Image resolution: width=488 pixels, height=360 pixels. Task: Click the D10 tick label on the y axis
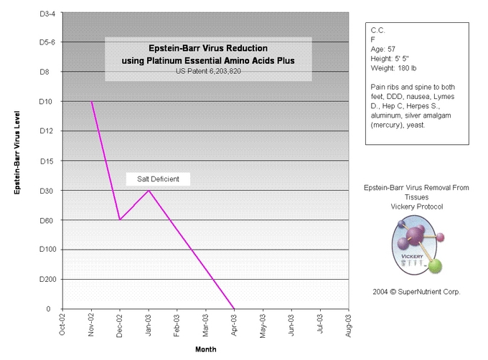[x=44, y=101]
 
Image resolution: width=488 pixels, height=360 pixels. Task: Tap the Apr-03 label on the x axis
[x=235, y=326]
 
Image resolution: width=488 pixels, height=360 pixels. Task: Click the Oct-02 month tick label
[x=63, y=326]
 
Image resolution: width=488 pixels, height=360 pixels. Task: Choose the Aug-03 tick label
[x=349, y=326]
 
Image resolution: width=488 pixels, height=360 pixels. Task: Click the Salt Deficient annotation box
[x=158, y=179]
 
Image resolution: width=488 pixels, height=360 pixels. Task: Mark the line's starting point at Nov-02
[x=91, y=101]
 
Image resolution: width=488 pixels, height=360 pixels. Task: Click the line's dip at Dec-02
[x=120, y=219]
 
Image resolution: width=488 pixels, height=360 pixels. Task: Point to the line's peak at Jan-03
[x=149, y=190]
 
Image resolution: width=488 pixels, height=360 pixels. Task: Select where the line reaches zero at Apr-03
[x=234, y=309]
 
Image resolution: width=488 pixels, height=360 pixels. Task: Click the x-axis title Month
[x=205, y=349]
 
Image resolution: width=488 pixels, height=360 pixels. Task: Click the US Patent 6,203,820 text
[x=207, y=72]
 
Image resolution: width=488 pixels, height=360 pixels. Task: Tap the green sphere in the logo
[x=434, y=267]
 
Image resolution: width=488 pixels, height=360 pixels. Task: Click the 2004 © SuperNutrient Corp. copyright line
[x=416, y=292]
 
